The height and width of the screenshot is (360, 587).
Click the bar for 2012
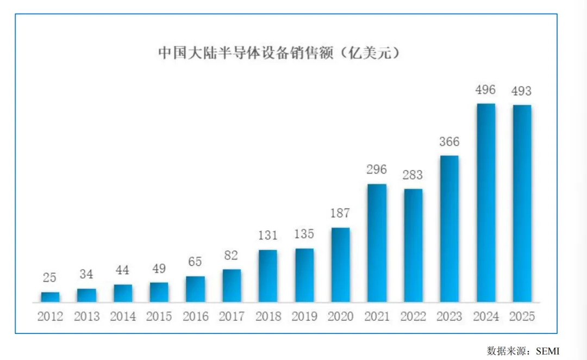point(50,297)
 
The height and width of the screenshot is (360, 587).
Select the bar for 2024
point(486,203)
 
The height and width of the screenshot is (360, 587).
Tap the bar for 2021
point(377,243)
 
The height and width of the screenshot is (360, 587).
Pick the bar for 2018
point(268,276)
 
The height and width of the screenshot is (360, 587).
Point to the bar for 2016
point(196,289)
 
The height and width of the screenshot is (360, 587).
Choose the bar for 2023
point(449,228)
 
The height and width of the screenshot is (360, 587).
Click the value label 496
point(485,90)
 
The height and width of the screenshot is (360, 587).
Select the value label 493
point(521,91)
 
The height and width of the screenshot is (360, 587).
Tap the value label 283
point(413,175)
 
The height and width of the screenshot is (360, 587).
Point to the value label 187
point(340,213)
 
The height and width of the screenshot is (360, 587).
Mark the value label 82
point(231,256)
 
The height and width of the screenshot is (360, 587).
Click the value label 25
point(49,277)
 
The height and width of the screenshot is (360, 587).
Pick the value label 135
point(304,234)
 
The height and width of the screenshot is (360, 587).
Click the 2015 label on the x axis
point(159,316)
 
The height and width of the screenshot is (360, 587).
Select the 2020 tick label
point(340,316)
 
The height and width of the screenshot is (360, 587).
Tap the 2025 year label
point(522,316)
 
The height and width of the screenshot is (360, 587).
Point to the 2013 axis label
point(87,316)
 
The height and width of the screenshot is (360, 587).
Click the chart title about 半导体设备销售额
point(279,53)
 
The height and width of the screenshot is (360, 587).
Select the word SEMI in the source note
point(548,351)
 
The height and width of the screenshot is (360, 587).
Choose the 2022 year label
point(413,316)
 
